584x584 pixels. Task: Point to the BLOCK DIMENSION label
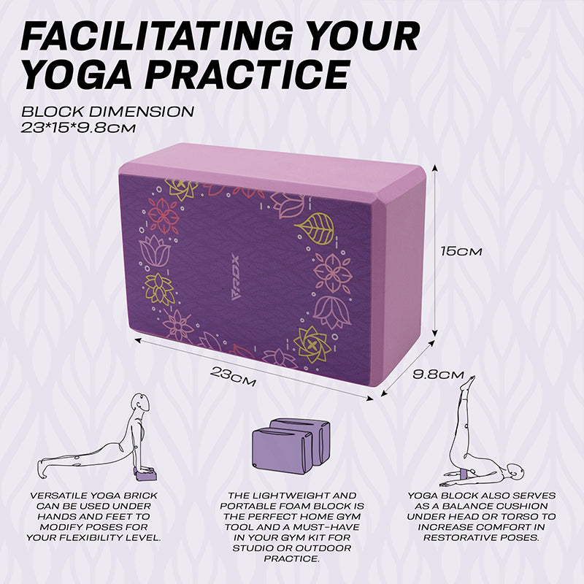107,112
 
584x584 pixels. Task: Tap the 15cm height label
461,250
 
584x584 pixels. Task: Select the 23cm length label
233,375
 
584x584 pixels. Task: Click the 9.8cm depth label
438,374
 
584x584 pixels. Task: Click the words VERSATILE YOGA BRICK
93,496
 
